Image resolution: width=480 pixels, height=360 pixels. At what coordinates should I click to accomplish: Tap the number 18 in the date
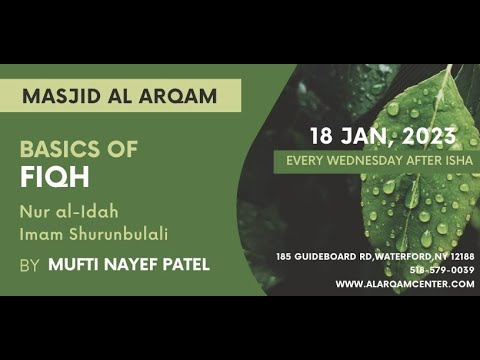pos(322,137)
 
